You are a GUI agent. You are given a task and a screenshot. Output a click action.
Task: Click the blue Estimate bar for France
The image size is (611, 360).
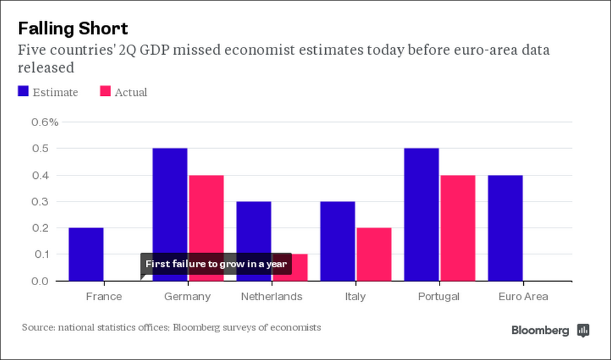tap(86, 254)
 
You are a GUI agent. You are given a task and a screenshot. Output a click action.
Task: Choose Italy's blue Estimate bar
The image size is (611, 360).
tap(337, 241)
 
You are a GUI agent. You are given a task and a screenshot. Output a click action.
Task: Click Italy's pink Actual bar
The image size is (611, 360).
tap(373, 254)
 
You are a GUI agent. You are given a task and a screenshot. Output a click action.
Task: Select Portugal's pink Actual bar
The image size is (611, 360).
tap(458, 228)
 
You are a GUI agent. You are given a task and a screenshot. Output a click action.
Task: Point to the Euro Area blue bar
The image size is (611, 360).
tap(505, 228)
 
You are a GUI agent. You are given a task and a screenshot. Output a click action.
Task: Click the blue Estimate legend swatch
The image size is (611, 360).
tap(24, 92)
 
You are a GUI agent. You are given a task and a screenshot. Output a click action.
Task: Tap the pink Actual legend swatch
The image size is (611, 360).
tap(105, 92)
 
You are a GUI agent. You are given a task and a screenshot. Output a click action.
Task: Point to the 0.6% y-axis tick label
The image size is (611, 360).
tap(44, 122)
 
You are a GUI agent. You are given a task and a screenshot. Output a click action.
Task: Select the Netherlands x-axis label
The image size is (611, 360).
tap(271, 297)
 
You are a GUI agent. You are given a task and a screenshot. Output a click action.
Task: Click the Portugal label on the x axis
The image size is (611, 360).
tap(439, 297)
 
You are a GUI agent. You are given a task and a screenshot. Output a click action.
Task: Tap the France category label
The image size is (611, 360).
tap(104, 297)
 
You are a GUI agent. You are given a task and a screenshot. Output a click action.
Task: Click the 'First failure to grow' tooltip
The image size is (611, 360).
tap(215, 264)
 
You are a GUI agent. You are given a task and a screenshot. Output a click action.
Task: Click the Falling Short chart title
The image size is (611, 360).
tap(73, 28)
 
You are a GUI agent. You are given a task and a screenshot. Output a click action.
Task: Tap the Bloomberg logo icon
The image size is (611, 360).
tap(583, 330)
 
